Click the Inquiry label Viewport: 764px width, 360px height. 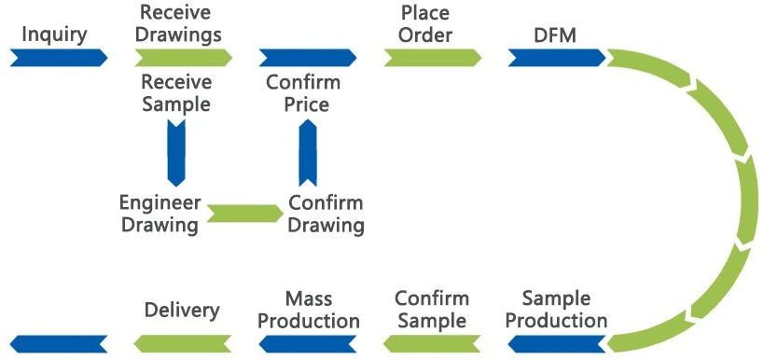point(54,35)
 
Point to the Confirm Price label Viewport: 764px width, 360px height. point(303,93)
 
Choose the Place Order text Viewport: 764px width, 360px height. point(425,24)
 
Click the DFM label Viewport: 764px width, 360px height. point(554,35)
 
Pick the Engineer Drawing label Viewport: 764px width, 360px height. point(160,214)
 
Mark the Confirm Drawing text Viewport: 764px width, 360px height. point(326,214)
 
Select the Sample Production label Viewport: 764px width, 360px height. point(556,310)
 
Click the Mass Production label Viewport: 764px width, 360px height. point(309,310)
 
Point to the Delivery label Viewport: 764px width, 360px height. point(182,310)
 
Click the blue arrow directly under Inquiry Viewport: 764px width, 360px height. point(58,58)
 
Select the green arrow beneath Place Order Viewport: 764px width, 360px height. point(432,58)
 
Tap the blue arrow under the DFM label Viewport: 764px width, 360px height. point(557,58)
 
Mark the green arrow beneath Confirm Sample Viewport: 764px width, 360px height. point(432,343)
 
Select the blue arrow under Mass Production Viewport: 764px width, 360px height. point(308,343)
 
